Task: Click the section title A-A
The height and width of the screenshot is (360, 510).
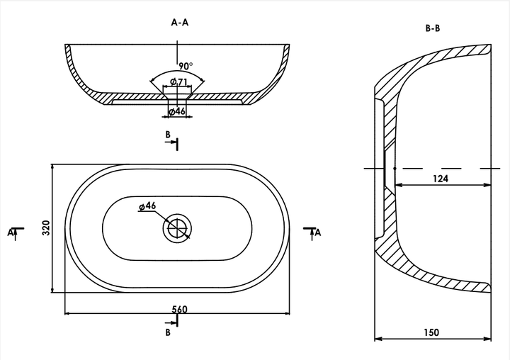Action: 179,23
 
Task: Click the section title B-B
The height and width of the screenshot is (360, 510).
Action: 433,28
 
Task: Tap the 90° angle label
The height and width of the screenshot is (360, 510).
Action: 186,66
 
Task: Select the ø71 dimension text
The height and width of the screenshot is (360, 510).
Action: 179,81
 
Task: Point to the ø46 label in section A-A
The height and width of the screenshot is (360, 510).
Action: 177,111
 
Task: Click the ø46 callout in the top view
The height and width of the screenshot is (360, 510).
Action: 147,206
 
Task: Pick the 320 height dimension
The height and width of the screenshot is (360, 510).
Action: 46,228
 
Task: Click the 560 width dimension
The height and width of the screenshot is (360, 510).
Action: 179,309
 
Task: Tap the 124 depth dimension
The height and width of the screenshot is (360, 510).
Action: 441,179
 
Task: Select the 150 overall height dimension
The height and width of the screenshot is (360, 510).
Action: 431,332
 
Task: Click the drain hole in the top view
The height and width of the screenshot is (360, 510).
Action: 177,228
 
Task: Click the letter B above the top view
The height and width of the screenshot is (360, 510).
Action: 168,135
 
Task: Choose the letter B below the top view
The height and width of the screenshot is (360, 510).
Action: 168,332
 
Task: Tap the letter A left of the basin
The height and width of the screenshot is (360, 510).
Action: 10,232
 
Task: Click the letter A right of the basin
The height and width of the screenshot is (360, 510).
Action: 318,232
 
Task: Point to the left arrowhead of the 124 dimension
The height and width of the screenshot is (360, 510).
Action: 398,185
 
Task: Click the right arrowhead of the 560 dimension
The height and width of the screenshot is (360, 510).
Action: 286,313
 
